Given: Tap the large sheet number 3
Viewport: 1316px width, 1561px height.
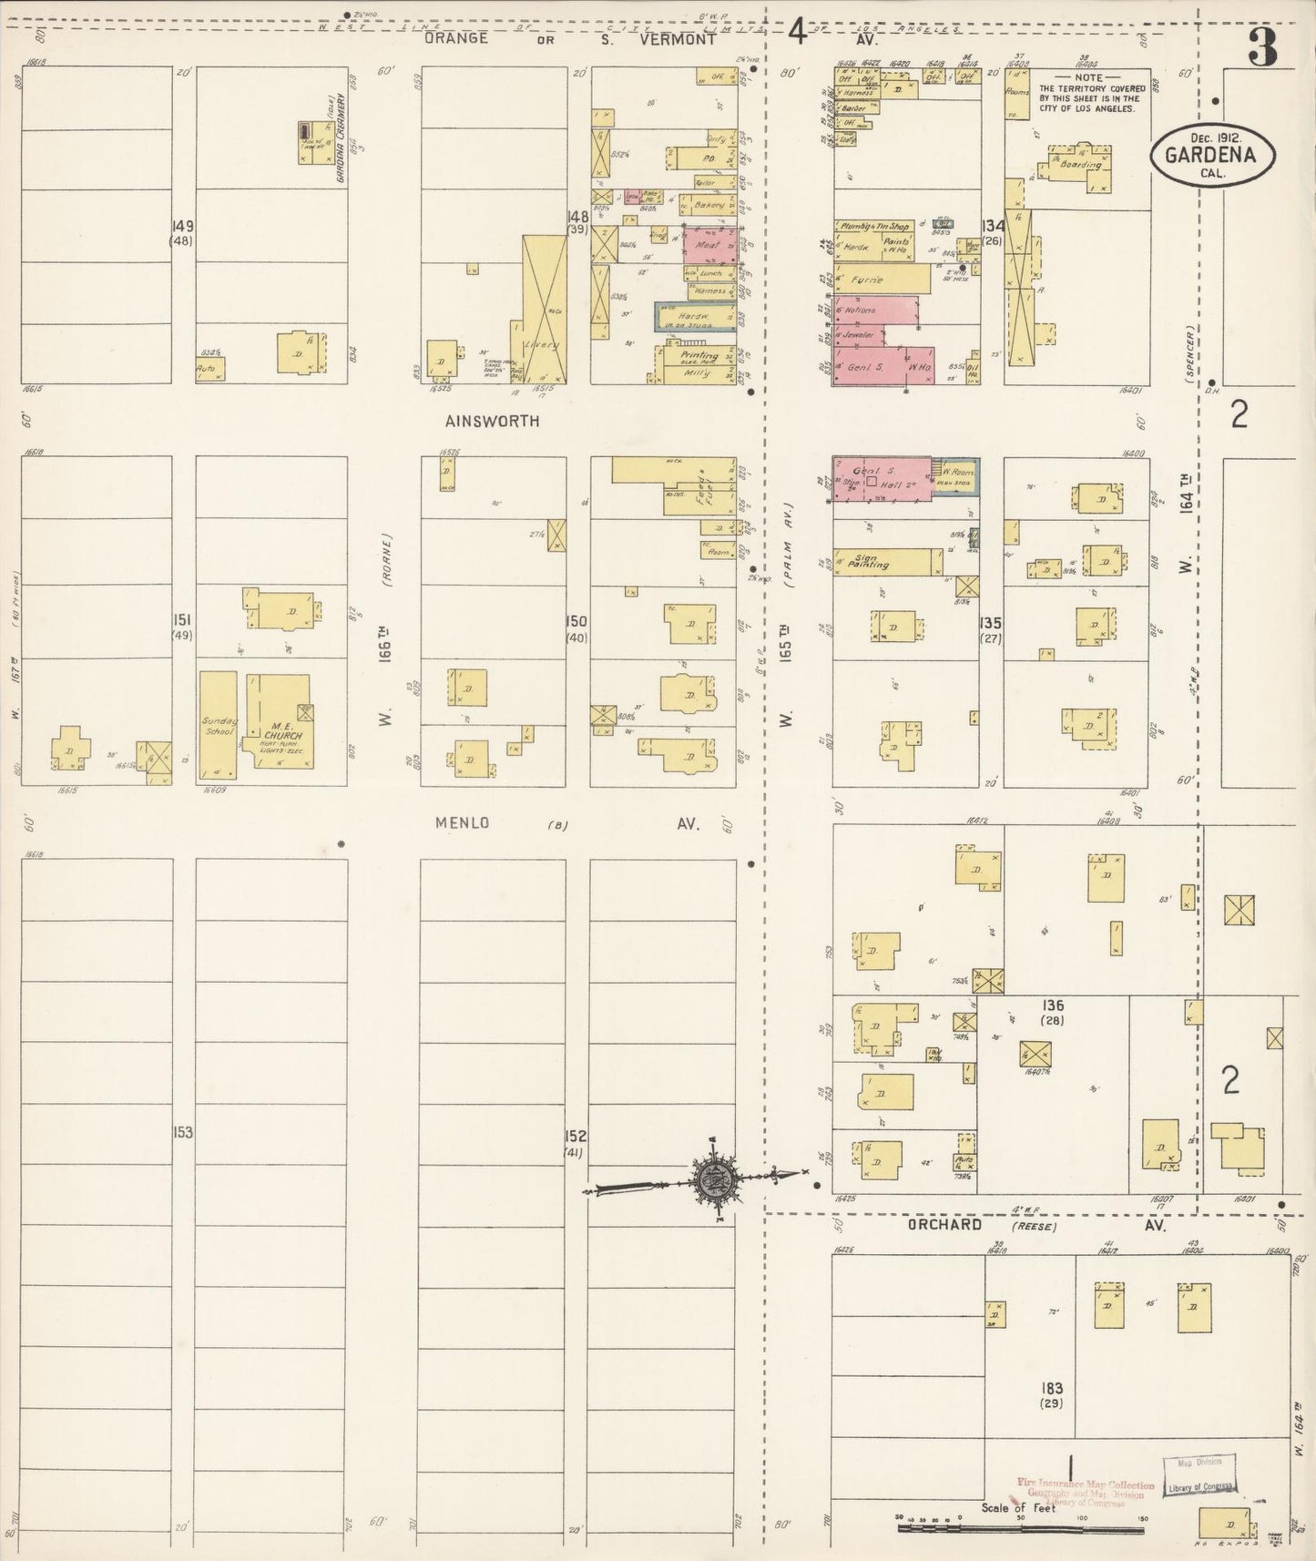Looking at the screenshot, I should pyautogui.click(x=1262, y=47).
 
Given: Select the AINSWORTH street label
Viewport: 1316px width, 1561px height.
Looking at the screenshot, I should pyautogui.click(x=493, y=422).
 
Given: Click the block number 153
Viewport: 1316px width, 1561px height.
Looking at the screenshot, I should pyautogui.click(x=182, y=1132).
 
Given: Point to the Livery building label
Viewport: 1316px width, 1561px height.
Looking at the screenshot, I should pyautogui.click(x=544, y=346).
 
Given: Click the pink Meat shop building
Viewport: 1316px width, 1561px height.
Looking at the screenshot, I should pyautogui.click(x=708, y=245).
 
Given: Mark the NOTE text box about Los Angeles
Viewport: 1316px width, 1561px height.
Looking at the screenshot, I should pyautogui.click(x=1088, y=94).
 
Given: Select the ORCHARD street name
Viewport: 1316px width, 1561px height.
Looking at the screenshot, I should pyautogui.click(x=944, y=1225).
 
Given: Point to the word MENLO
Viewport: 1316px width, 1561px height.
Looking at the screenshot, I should pyautogui.click(x=462, y=823).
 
